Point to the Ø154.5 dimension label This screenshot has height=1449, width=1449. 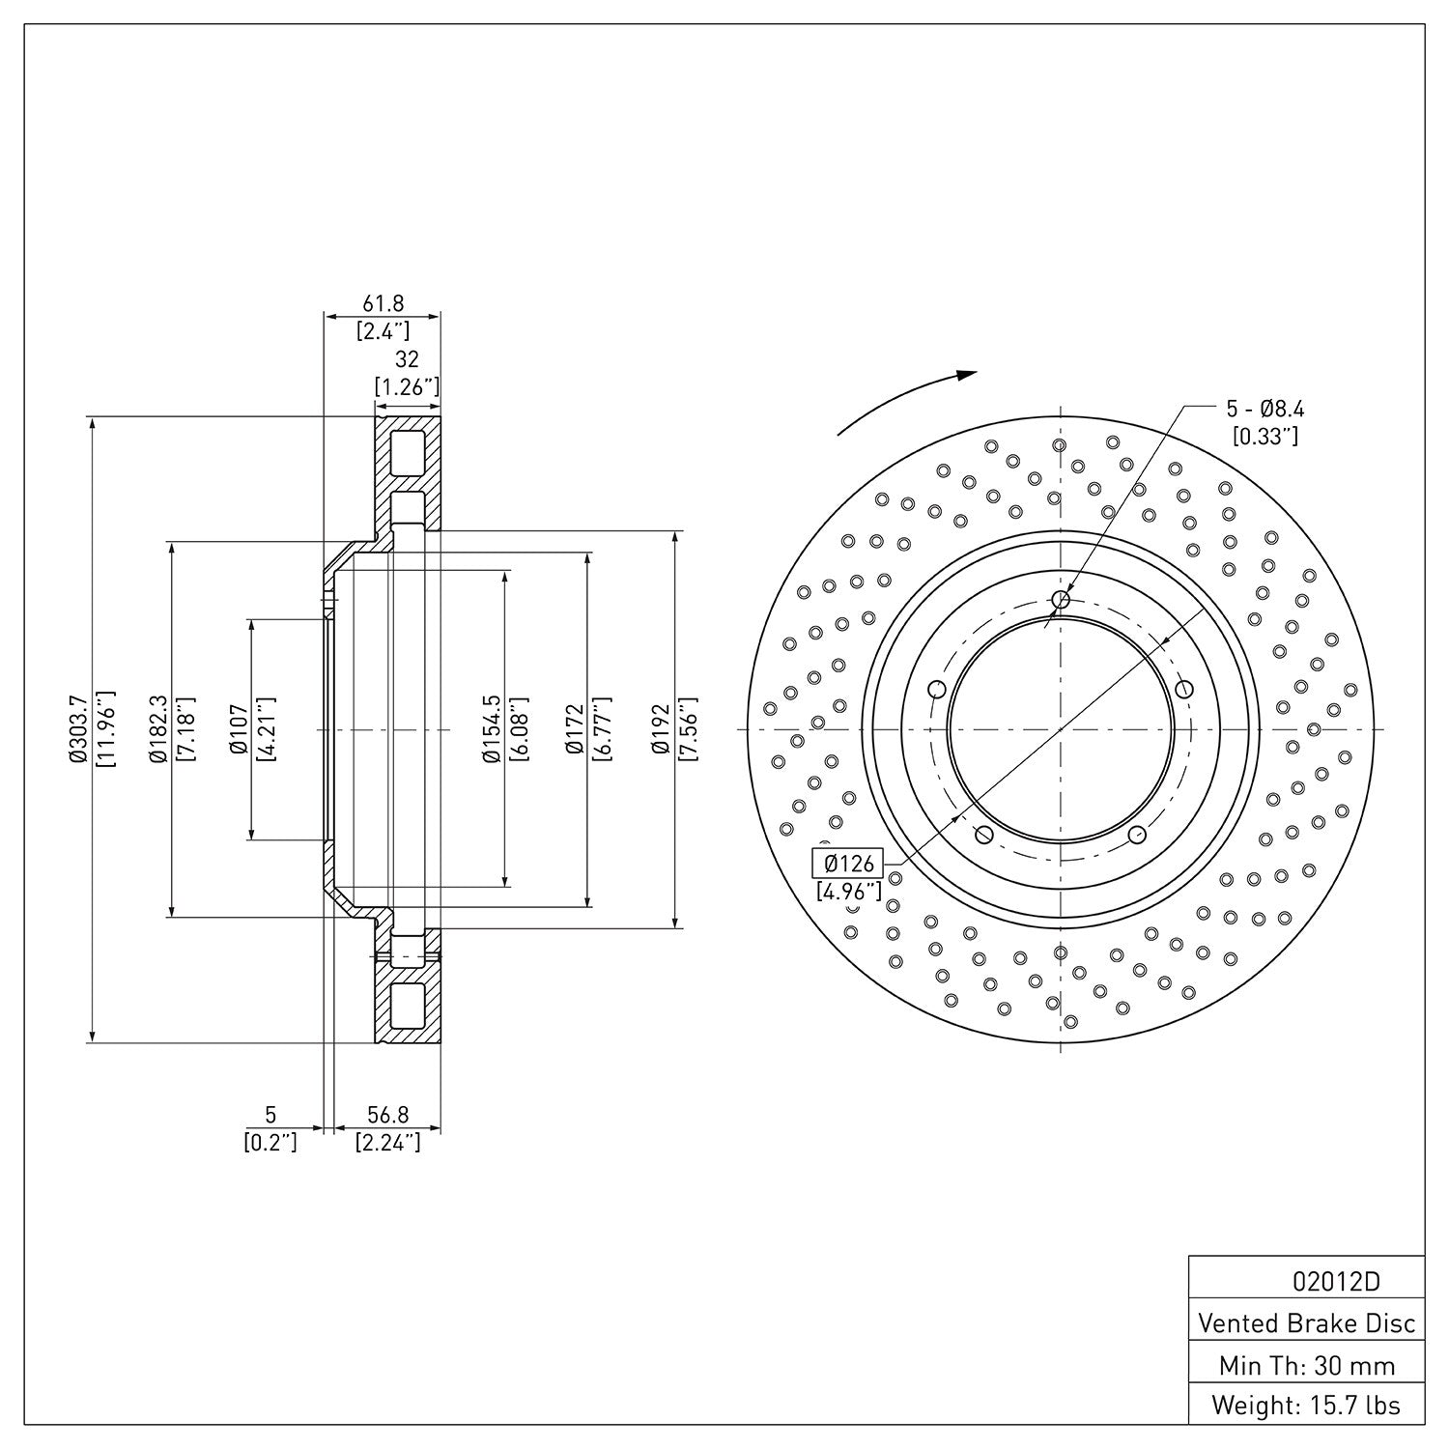click(492, 729)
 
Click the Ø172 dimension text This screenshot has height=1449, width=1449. click(574, 729)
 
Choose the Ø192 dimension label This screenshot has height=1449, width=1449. click(660, 729)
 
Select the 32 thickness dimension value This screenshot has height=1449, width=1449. click(407, 359)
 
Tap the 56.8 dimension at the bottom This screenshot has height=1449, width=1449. click(387, 1117)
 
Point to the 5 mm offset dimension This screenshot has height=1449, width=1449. click(270, 1117)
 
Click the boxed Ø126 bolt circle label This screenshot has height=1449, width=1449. click(848, 863)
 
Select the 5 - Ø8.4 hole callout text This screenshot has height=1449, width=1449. click(1265, 408)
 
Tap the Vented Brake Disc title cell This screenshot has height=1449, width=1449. click(1306, 1322)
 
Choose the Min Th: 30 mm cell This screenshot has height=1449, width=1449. click(1306, 1365)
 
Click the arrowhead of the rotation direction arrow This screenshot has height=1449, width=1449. click(967, 376)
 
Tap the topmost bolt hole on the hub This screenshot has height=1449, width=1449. click(1061, 600)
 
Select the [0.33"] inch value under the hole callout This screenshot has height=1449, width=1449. click(1265, 437)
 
